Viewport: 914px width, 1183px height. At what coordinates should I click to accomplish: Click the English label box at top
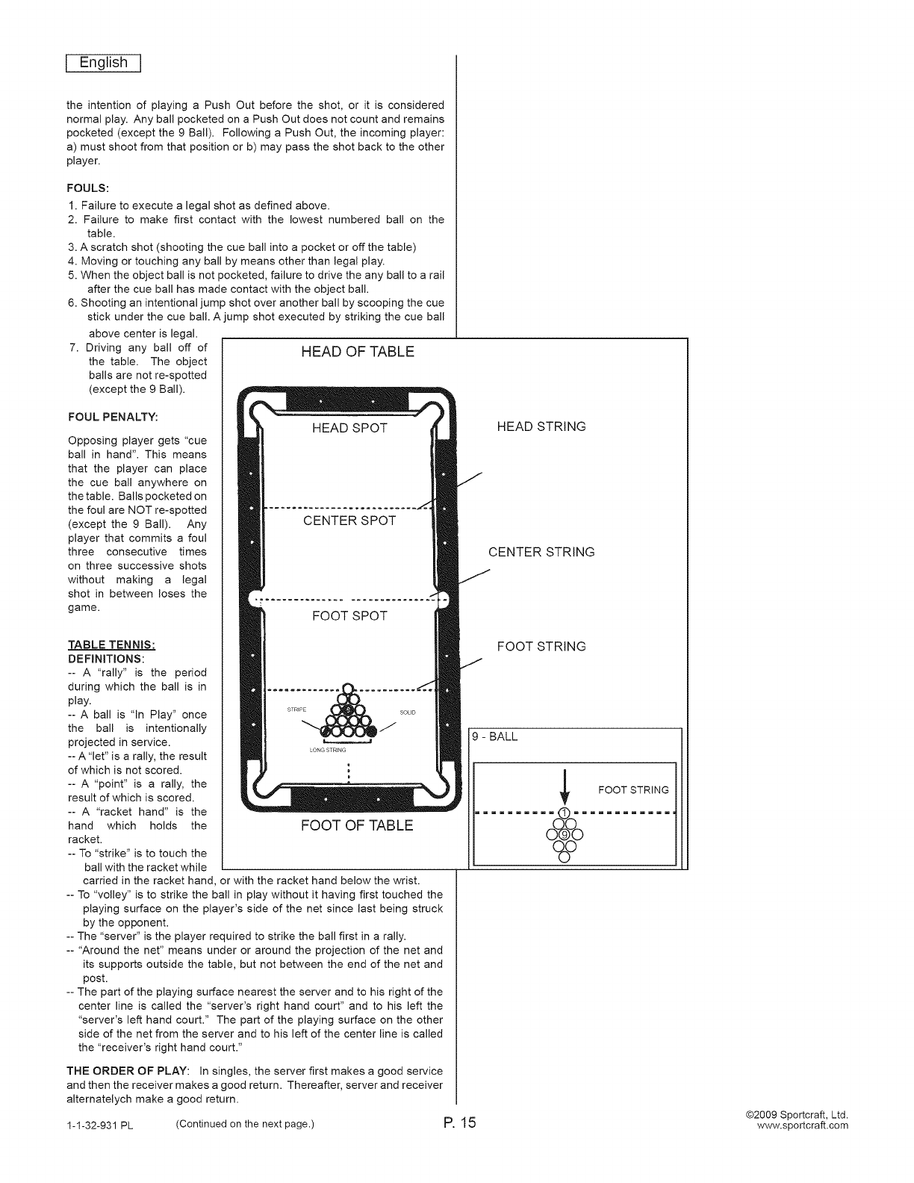point(104,63)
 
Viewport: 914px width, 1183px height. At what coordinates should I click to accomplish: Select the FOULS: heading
point(88,188)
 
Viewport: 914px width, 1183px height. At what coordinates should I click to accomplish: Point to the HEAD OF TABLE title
point(357,352)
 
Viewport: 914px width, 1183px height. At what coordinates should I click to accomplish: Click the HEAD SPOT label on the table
point(349,428)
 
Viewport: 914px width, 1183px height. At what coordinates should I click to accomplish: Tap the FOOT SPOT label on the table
point(349,616)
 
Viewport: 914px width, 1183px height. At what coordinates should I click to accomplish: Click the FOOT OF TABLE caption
point(356,825)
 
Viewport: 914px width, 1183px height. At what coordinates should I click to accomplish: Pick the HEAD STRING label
point(541,426)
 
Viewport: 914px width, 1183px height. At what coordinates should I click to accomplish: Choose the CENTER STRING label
point(541,552)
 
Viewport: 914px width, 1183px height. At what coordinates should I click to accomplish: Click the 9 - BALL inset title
point(494,737)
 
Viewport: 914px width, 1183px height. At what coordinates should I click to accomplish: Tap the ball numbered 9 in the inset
point(565,834)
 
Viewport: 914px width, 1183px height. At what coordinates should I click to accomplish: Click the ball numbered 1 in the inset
point(565,813)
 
